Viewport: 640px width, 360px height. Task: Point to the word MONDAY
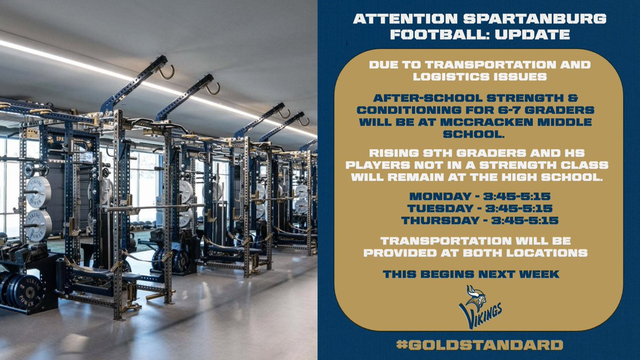(x=431, y=197)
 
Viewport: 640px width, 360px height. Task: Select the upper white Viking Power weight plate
(x=38, y=192)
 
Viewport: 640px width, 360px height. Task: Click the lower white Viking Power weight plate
(x=38, y=225)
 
